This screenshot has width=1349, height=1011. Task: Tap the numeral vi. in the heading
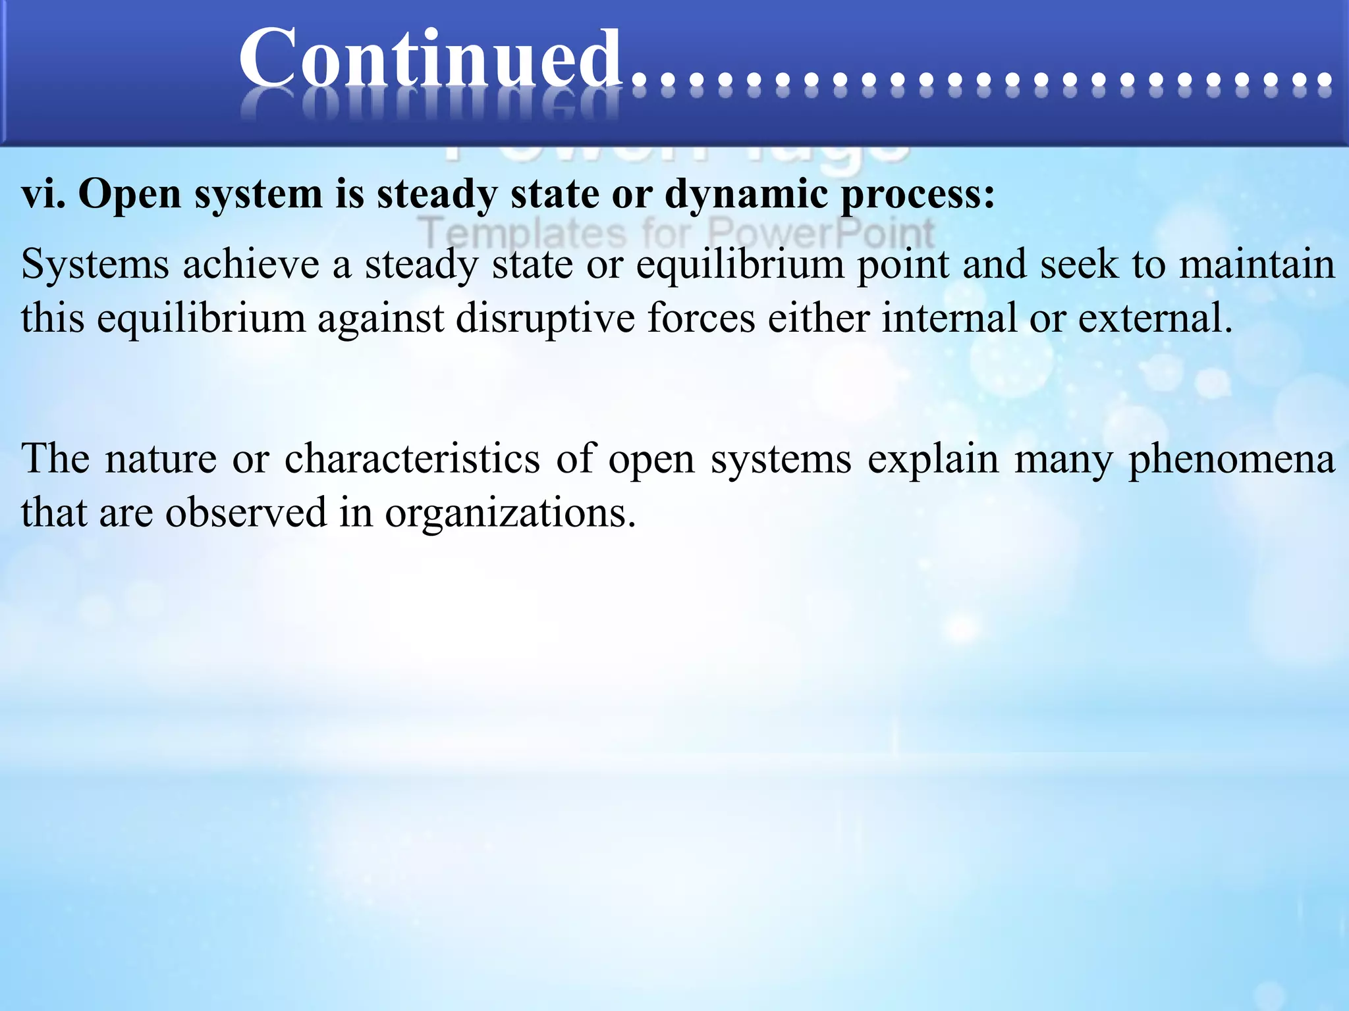(43, 195)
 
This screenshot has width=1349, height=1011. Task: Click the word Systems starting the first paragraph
(96, 265)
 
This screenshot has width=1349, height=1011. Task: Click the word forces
(701, 319)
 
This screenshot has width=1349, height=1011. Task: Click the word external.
(1154, 319)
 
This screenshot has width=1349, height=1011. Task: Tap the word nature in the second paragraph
(161, 459)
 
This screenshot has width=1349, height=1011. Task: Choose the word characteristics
(412, 459)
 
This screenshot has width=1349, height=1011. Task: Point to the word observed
(246, 513)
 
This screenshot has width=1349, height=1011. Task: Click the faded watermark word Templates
(523, 233)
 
